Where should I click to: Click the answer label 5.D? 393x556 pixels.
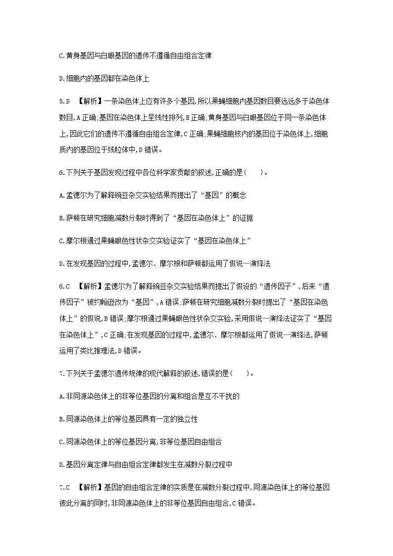click(x=64, y=101)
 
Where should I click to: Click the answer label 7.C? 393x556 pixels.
click(x=64, y=488)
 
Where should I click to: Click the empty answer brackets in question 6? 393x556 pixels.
click(x=254, y=173)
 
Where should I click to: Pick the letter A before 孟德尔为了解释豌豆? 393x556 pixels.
click(x=61, y=195)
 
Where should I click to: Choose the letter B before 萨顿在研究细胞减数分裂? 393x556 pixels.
click(x=61, y=217)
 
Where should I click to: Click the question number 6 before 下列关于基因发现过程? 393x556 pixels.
click(x=60, y=173)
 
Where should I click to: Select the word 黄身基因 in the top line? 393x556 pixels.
click(x=79, y=56)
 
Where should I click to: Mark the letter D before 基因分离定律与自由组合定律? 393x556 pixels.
click(x=61, y=464)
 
